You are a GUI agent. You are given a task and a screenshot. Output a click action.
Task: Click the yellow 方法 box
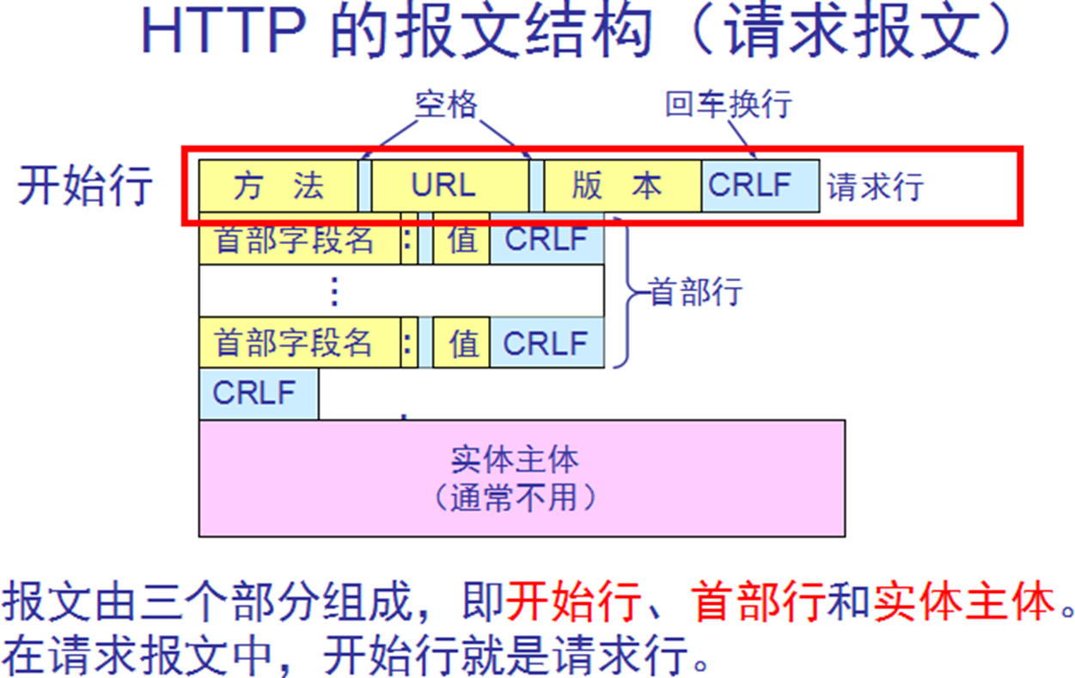click(278, 186)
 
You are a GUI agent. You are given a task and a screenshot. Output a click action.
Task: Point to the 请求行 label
click(875, 186)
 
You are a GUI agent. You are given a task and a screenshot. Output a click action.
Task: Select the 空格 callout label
click(445, 105)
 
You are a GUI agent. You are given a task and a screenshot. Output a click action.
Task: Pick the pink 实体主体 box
click(522, 478)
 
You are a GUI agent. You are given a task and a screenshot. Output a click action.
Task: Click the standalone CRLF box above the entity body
click(258, 394)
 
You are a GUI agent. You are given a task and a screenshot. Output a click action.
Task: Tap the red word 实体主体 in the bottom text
click(962, 604)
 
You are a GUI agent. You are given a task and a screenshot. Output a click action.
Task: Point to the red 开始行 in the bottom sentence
click(572, 604)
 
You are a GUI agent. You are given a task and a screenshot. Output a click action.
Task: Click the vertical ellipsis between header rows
click(334, 291)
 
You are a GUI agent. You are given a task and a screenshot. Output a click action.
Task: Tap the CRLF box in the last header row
click(546, 343)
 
